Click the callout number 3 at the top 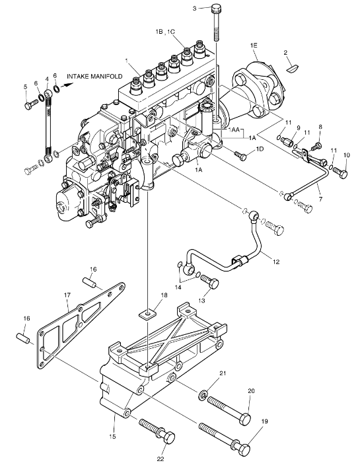click(195, 9)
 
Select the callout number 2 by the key click(285, 52)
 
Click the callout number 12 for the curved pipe click(276, 262)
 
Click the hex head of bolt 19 click(244, 450)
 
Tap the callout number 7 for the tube click(318, 198)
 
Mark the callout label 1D click(260, 150)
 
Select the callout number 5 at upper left click(26, 87)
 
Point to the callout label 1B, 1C click(166, 31)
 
